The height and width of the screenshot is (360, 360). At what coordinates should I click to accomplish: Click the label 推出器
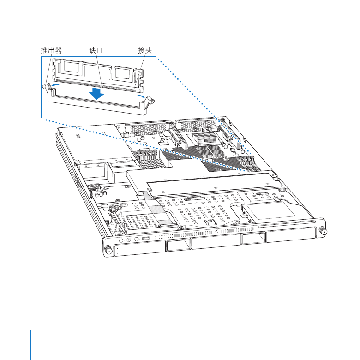(51, 50)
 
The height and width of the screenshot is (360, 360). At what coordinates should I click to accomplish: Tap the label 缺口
(96, 50)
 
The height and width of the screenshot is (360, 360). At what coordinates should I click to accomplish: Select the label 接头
(145, 50)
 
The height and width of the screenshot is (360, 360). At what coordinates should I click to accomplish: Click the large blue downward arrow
(96, 93)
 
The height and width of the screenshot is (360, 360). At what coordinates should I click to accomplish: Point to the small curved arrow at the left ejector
(55, 85)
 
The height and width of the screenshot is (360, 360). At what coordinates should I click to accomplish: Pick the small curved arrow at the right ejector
(141, 96)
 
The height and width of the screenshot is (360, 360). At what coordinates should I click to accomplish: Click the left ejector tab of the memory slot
(47, 87)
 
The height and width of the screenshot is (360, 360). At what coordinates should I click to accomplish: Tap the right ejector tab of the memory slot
(150, 102)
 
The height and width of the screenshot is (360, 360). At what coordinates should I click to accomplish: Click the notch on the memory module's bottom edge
(102, 86)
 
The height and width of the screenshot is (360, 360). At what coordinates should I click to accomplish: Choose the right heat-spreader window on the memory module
(124, 73)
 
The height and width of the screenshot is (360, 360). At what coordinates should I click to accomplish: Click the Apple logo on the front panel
(216, 232)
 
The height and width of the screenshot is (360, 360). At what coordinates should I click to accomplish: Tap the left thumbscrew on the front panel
(108, 250)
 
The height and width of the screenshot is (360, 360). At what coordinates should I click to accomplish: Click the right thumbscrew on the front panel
(323, 230)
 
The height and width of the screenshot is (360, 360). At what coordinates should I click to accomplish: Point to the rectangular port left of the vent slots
(146, 238)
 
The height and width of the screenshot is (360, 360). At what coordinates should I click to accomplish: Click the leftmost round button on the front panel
(121, 240)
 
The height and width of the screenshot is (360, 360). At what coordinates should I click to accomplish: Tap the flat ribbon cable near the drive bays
(158, 209)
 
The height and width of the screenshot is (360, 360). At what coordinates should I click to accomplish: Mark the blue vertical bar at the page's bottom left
(30, 345)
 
